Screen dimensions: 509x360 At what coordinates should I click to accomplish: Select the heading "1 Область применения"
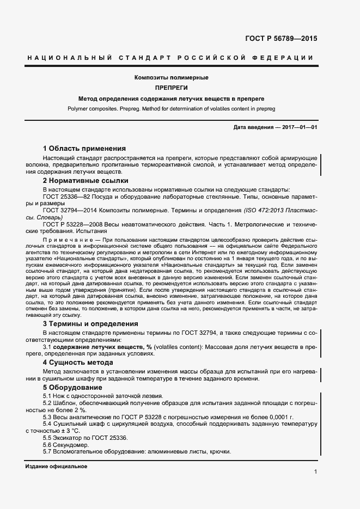click(84, 148)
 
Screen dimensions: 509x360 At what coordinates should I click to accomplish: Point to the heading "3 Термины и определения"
click(90, 323)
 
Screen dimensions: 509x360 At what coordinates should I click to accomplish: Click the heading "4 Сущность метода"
click(78, 362)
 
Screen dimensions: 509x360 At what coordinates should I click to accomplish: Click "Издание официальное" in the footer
click(56, 467)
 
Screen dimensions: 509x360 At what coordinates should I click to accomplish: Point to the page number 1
click(315, 471)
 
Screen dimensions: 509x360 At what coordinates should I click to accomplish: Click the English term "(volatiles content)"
click(181, 346)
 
